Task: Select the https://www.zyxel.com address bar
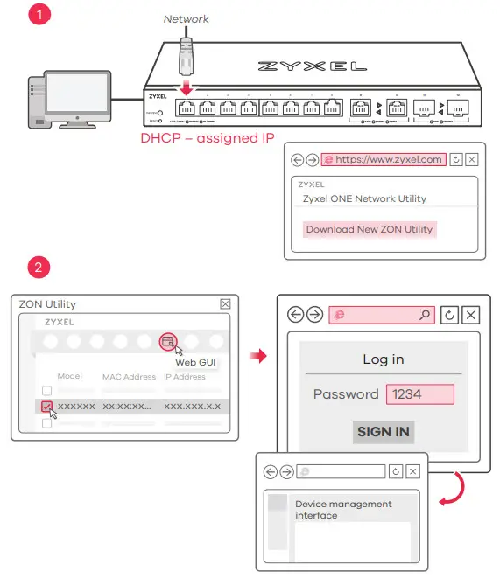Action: point(384,160)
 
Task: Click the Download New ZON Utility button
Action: point(369,229)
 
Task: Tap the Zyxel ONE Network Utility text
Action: point(364,198)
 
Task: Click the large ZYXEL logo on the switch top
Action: point(313,66)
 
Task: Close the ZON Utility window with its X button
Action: point(225,303)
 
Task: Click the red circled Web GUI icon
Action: point(166,341)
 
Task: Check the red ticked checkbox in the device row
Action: point(47,407)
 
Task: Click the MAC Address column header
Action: point(129,377)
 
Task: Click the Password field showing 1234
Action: point(419,394)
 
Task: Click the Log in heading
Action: point(383,359)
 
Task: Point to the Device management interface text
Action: point(343,510)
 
